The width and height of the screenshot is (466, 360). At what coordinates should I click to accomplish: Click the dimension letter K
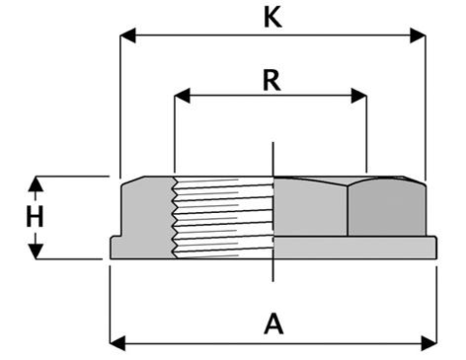272,18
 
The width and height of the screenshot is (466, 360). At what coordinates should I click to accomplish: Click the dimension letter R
272,80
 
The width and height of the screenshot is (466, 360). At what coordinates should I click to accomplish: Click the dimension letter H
35,217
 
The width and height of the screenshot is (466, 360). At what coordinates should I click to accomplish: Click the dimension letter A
273,324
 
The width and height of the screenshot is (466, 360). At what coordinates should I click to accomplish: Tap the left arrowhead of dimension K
127,36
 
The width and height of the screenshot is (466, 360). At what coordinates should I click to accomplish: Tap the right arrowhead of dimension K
418,36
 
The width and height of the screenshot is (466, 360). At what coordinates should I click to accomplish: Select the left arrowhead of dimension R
182,96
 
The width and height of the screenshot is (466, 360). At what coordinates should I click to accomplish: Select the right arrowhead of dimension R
358,96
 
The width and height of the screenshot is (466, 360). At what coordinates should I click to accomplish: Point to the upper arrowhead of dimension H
36,184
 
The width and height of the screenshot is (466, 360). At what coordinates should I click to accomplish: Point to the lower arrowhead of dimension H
36,252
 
